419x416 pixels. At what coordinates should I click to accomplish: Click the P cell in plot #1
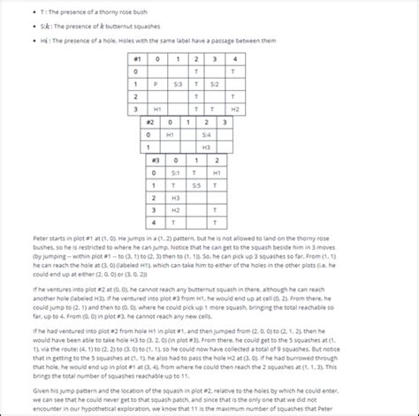(156, 83)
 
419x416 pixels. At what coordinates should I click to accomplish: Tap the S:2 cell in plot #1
(214, 83)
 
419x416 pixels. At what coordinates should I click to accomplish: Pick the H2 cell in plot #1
(234, 109)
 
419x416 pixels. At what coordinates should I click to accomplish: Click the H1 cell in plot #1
(156, 109)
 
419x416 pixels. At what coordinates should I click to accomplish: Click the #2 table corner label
(150, 122)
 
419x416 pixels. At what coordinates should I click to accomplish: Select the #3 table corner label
(156, 161)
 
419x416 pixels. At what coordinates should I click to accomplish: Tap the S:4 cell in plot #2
(206, 134)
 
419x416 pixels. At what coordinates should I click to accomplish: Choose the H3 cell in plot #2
(206, 147)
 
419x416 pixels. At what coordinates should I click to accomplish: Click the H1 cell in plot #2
(170, 134)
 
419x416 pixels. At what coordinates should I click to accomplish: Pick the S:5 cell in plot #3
(195, 185)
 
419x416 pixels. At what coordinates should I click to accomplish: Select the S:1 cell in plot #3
(175, 173)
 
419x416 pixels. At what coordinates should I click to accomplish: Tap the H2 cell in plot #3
(175, 211)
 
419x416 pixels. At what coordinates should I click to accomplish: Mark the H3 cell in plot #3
(175, 199)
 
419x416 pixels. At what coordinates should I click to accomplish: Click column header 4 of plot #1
(234, 58)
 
